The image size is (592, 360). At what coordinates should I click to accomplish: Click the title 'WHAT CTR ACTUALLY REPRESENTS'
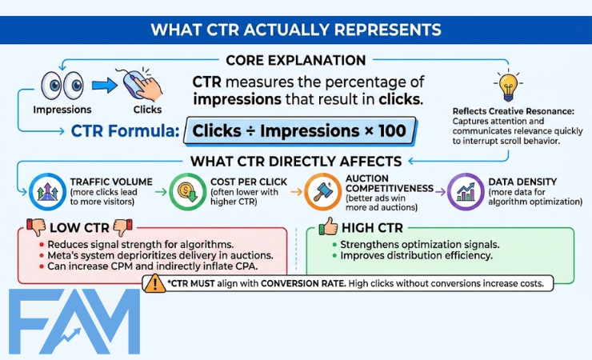296,30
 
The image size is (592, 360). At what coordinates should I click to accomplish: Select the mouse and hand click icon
142,82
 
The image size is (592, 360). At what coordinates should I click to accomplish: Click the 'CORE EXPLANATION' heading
295,60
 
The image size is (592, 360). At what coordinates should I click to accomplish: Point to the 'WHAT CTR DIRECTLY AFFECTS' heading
297,161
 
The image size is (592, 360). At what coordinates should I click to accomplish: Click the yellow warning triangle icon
154,283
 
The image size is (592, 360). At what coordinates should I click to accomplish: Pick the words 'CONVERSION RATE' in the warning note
316,283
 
